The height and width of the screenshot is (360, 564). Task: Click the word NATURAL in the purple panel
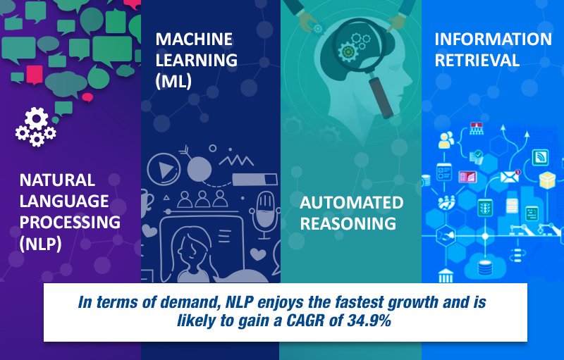pos(57,180)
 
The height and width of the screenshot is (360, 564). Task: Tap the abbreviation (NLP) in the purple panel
pos(40,244)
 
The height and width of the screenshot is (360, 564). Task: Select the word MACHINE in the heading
pos(194,39)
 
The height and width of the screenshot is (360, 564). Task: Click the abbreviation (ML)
pos(173,81)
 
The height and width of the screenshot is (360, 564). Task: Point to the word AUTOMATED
pos(351,203)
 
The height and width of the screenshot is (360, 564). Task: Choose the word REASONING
pos(348,223)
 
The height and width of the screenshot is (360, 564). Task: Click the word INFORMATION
pos(493,39)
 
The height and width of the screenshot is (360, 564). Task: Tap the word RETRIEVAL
pos(477,60)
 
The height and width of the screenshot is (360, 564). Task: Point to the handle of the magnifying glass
pos(381,97)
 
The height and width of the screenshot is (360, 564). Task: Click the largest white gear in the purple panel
pos(37,118)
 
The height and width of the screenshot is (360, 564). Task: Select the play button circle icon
pos(164,168)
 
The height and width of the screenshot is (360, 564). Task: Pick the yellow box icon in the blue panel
pos(548,180)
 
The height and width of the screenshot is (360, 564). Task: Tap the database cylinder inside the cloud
pos(484,268)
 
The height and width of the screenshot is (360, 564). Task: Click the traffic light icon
pos(485,208)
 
